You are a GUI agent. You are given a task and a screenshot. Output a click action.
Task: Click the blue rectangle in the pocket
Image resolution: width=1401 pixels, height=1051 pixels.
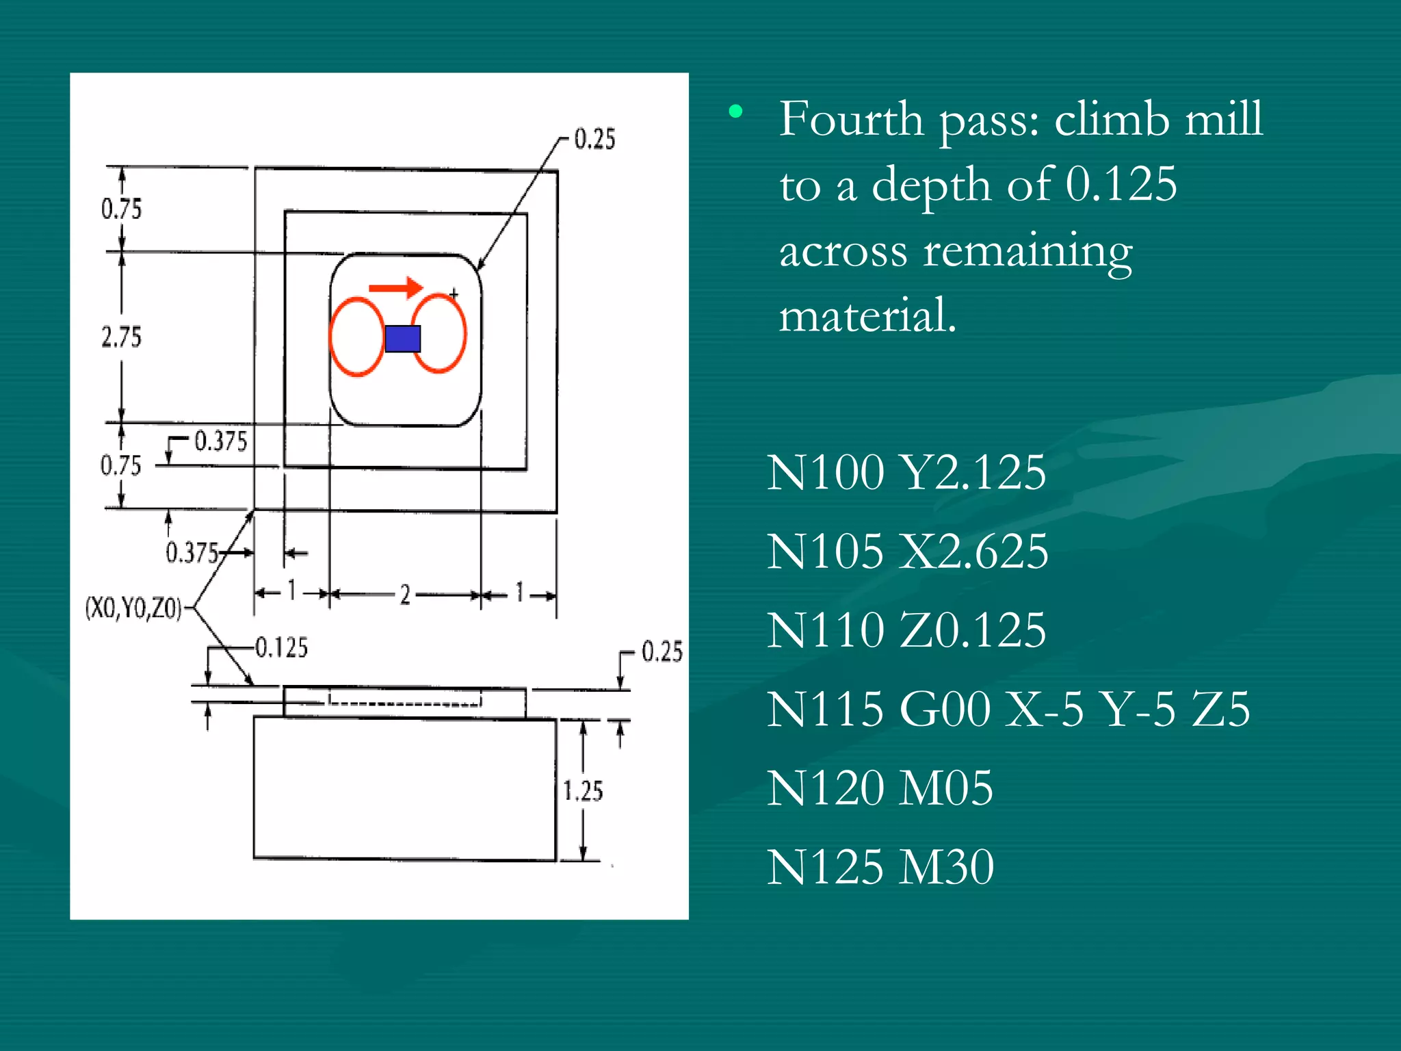tap(402, 339)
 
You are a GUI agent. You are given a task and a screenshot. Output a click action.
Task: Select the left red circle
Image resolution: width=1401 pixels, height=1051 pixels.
tap(357, 337)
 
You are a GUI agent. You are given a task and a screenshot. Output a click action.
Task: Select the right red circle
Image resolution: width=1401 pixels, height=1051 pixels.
tap(439, 333)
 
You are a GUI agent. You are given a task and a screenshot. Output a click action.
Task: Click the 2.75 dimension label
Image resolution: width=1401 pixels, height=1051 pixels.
tap(121, 337)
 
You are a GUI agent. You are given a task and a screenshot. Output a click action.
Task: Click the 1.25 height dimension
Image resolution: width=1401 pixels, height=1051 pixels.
tap(583, 791)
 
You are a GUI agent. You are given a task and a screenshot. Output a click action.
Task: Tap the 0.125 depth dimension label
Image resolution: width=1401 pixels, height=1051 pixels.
tap(281, 647)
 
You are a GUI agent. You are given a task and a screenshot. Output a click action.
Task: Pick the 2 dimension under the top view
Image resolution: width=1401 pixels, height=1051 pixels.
tap(405, 595)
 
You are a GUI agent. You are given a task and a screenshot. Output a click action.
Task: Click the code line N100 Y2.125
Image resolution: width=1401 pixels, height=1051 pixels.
tap(906, 473)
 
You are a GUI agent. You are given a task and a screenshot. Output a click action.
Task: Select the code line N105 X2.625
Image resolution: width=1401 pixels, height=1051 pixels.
tap(907, 552)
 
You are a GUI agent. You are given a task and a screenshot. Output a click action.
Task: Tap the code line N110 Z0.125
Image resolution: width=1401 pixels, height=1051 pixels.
tap(906, 630)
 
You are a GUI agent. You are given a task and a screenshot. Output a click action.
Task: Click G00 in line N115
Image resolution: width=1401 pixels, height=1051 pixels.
tap(944, 709)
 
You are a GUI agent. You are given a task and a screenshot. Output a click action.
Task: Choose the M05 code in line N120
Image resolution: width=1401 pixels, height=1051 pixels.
tap(945, 788)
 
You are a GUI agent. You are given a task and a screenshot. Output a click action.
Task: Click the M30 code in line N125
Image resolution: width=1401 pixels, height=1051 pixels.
tap(946, 867)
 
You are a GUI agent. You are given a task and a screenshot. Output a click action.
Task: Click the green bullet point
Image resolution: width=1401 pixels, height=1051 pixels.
tap(735, 111)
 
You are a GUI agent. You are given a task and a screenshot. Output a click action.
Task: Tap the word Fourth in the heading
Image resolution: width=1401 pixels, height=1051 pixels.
tap(851, 120)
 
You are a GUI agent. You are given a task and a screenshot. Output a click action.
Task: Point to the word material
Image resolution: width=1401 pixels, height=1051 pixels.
tap(867, 316)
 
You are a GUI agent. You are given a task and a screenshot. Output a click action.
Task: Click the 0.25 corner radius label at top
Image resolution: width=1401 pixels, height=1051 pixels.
tap(594, 139)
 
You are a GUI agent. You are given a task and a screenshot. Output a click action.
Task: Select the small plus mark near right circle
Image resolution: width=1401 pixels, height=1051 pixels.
tap(454, 294)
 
